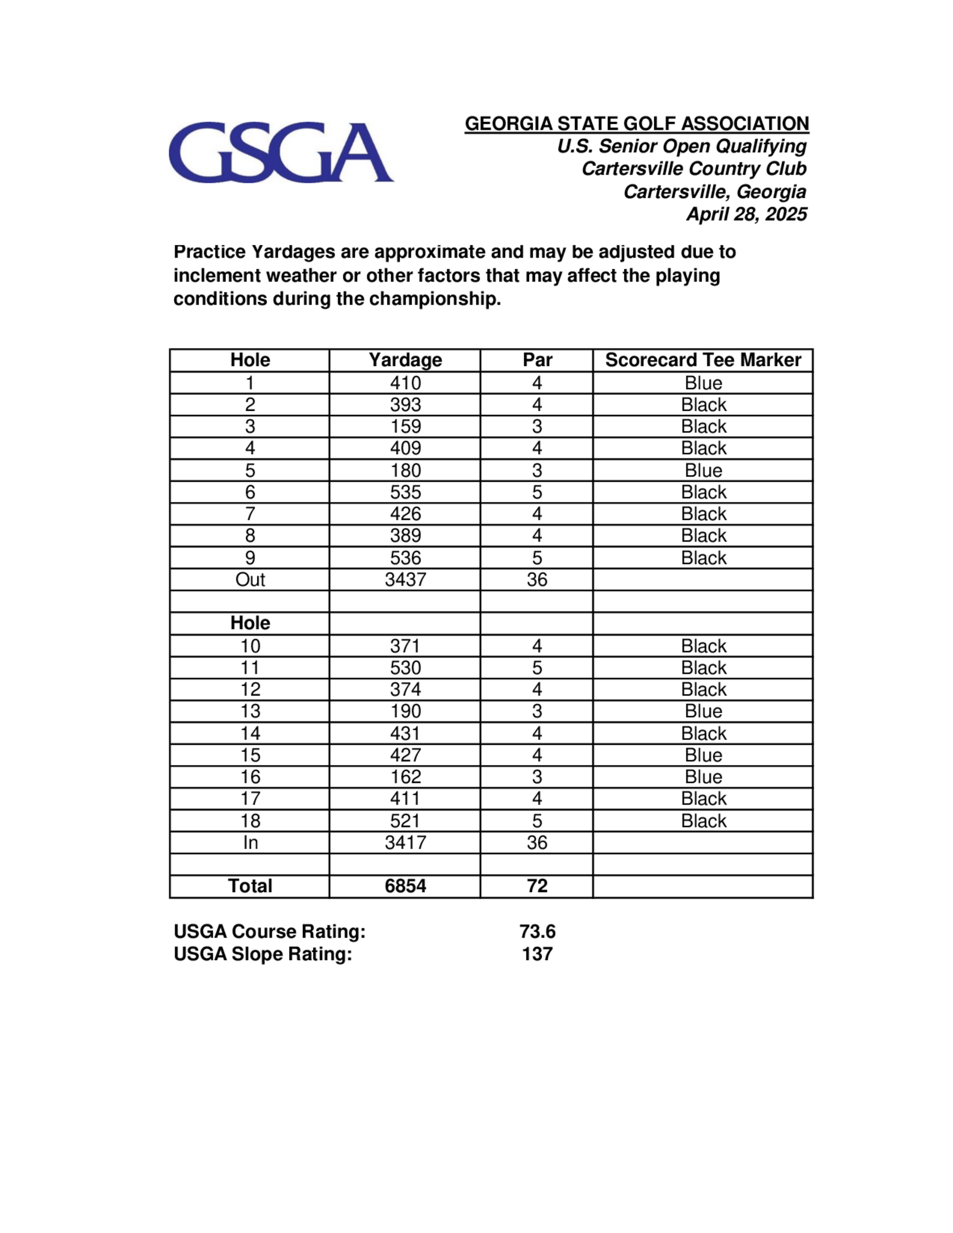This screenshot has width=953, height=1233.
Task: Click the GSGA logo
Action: coord(281,152)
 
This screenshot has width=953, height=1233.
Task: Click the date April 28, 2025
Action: coord(746,214)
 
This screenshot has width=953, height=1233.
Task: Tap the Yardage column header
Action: coord(405,360)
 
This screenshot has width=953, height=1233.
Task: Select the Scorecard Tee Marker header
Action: coord(703,360)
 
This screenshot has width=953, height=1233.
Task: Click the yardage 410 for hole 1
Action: coord(405,383)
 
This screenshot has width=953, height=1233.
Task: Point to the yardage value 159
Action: coord(405,426)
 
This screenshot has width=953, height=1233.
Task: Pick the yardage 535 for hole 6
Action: coord(405,492)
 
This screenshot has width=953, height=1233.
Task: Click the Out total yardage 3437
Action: coord(405,579)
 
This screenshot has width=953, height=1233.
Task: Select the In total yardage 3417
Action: coord(405,842)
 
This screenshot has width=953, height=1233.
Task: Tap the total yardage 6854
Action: coord(405,886)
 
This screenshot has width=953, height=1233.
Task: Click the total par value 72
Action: coord(537,886)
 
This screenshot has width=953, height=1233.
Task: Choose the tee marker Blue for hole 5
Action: coord(703,470)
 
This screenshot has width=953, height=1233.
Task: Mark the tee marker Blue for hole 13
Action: coord(703,711)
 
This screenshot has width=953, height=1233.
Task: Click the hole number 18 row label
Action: coord(250,820)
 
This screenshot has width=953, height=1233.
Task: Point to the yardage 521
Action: coord(405,820)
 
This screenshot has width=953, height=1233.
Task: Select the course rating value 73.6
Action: coord(537,931)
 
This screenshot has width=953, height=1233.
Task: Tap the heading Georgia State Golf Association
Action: coord(636,124)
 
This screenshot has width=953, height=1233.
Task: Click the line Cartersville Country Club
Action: coord(694,168)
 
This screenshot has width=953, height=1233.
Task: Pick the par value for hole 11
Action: coord(537,667)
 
